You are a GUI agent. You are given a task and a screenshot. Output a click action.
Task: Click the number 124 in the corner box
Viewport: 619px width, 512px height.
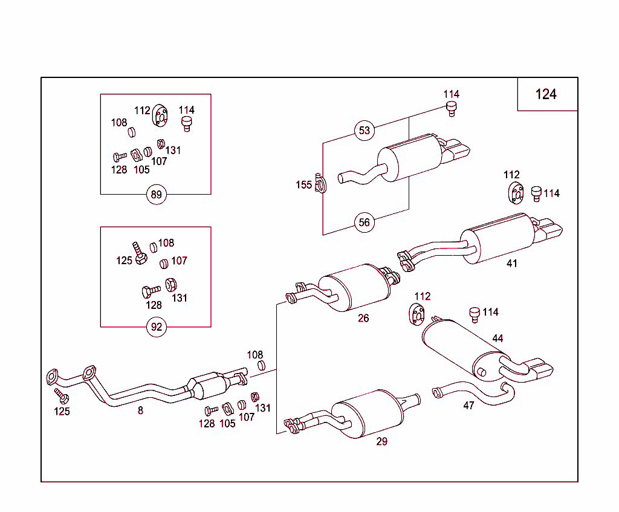click(546, 94)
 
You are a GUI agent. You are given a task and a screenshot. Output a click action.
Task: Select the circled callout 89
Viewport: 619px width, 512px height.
click(157, 195)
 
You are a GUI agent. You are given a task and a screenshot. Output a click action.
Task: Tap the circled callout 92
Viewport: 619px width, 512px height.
click(157, 327)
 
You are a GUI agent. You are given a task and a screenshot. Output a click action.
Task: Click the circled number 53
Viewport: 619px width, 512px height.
click(364, 131)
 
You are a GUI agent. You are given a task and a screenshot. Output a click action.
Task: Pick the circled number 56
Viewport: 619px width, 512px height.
click(364, 222)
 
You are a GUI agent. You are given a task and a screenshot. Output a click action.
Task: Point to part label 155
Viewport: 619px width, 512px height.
click(303, 185)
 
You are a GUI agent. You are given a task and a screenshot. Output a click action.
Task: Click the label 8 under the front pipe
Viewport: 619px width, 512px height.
click(140, 410)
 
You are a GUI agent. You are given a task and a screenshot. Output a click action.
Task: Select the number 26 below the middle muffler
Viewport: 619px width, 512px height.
click(363, 318)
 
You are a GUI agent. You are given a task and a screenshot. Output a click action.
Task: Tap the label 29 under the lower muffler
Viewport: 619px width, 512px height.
click(381, 441)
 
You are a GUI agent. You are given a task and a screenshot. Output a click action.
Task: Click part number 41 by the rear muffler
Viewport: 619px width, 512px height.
click(512, 264)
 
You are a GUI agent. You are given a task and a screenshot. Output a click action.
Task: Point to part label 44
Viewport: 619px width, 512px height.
click(497, 339)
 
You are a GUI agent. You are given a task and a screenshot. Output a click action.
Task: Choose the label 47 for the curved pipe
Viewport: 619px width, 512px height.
click(468, 406)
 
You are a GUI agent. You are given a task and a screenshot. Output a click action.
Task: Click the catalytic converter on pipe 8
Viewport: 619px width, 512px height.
click(208, 385)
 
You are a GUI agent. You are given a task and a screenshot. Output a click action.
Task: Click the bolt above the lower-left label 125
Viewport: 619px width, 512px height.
click(60, 396)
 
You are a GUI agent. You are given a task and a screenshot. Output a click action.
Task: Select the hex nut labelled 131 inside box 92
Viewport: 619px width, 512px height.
click(171, 284)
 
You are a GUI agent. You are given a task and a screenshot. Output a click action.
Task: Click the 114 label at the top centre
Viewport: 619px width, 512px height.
click(451, 94)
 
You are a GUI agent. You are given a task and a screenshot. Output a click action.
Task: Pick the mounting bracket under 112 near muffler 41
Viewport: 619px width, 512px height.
click(514, 193)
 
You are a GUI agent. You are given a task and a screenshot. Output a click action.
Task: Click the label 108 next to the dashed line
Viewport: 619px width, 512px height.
click(255, 355)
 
